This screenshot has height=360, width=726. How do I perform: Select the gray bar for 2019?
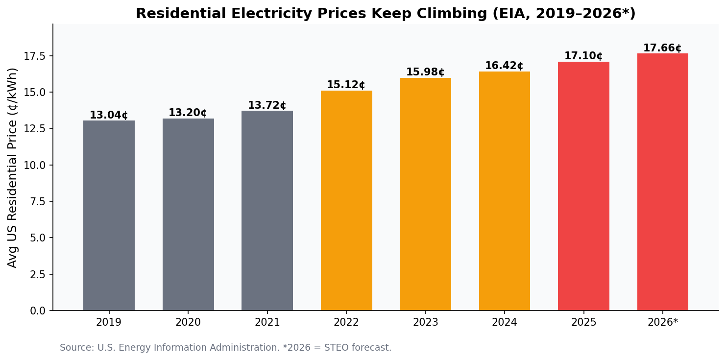[109, 216]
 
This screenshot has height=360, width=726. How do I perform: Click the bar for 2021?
[267, 211]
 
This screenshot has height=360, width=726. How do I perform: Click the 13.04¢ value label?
[109, 116]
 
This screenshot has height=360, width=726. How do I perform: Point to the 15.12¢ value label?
[346, 85]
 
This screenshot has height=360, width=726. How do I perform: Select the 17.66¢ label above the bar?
[662, 48]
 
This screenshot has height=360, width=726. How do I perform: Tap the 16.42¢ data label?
[504, 66]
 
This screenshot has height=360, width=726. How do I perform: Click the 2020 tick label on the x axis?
[188, 323]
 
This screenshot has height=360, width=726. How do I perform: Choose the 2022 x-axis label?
[346, 323]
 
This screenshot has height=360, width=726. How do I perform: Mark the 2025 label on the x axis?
[583, 323]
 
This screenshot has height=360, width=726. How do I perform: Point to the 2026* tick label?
[663, 323]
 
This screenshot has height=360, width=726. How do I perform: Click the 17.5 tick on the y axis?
[35, 56]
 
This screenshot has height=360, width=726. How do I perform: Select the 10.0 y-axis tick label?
[35, 166]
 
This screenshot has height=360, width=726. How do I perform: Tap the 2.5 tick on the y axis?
[37, 274]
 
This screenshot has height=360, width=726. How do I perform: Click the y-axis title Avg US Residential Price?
[13, 168]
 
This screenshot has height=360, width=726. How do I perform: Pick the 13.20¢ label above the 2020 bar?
[188, 113]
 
